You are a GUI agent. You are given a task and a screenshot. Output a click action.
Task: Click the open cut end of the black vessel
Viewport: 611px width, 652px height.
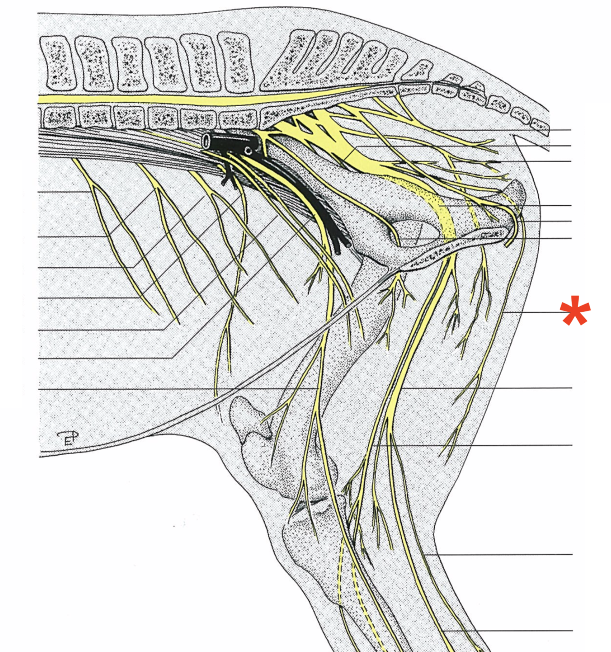pyautogui.click(x=207, y=141)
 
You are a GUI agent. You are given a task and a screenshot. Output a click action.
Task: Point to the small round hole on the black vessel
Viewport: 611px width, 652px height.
pyautogui.click(x=248, y=150)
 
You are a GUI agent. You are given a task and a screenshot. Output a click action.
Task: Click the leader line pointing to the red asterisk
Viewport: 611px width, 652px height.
pyautogui.click(x=531, y=312)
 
